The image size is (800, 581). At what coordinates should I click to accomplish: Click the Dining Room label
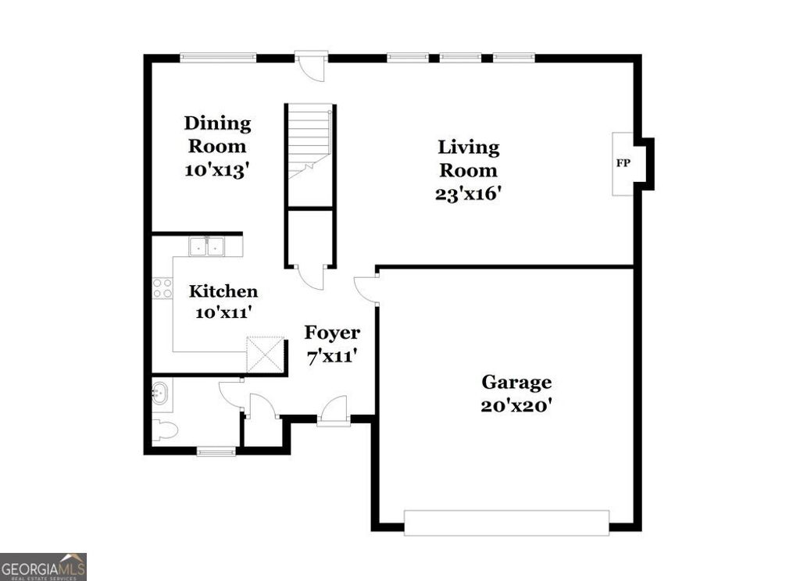coord(216,134)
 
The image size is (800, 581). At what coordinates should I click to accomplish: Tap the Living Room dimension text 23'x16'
coord(468,194)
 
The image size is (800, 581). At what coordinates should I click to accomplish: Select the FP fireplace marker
coord(623,164)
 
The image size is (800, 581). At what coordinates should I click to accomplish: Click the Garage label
coord(516,383)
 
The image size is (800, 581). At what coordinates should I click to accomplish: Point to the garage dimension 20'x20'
coord(516,406)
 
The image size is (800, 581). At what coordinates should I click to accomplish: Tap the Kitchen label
coord(223,292)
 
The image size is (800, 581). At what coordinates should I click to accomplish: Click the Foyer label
coord(332,333)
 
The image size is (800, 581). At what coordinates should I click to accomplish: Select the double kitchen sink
coord(206,246)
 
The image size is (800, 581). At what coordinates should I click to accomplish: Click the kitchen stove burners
coord(162,288)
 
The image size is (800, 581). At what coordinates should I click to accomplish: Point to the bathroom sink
coord(160,392)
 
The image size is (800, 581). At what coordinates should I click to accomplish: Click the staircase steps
coord(310,141)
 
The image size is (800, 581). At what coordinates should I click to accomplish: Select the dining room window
coord(218,56)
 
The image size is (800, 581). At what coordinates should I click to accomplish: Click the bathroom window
coord(216,450)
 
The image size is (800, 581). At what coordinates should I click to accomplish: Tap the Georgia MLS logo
coord(43,566)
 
